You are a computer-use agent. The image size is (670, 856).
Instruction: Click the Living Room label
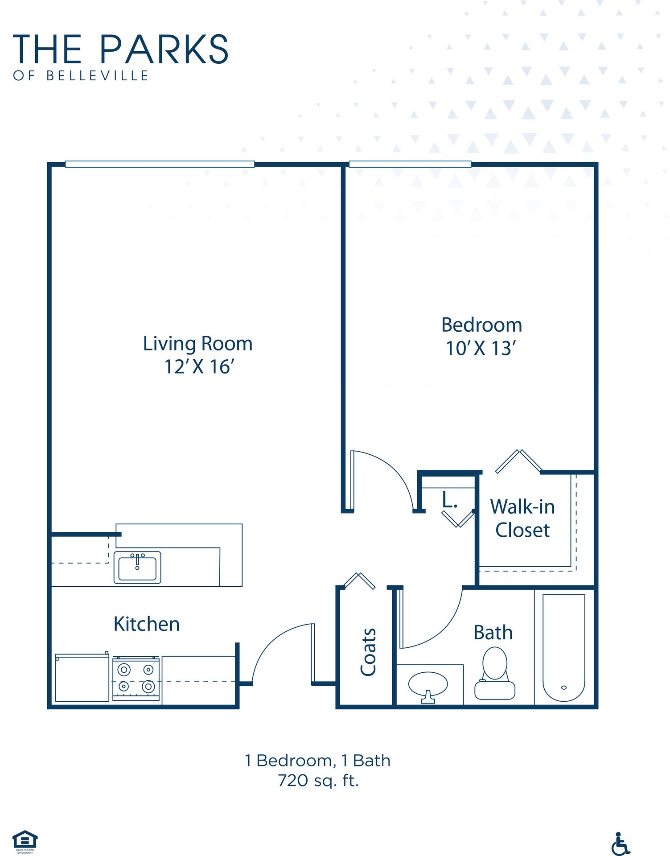[x=197, y=344]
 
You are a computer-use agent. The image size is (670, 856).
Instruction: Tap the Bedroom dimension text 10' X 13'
[x=481, y=349]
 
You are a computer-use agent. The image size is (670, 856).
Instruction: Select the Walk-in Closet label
[x=522, y=519]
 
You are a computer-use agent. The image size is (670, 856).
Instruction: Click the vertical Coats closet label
[x=368, y=652]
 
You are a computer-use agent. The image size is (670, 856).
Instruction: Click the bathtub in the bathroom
[x=563, y=647]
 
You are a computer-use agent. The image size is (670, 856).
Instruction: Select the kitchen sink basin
[x=137, y=568]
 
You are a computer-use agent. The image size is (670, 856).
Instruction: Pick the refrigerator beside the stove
[x=82, y=678]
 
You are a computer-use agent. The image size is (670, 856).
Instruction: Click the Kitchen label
[x=147, y=624]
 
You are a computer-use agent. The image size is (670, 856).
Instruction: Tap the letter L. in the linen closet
[x=449, y=500]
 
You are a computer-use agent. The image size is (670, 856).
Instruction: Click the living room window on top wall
[x=160, y=164]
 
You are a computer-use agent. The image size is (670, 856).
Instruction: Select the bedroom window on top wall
[x=410, y=164]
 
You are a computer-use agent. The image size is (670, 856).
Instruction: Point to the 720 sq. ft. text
[x=318, y=781]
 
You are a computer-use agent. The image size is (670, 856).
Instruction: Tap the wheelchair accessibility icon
[x=621, y=844]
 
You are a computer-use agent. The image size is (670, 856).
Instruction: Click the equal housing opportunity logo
[x=25, y=841]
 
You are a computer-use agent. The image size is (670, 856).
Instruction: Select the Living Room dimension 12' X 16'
[x=199, y=367]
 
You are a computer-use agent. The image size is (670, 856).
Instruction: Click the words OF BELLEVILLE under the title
[x=81, y=76]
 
